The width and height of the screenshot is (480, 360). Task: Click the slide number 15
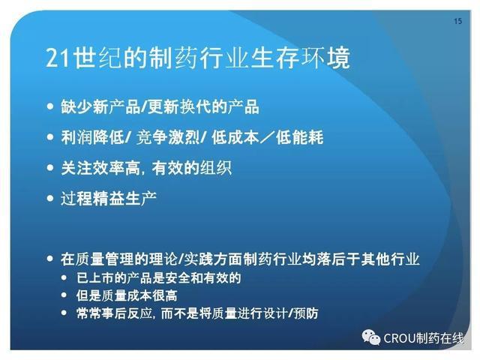[x=457, y=21]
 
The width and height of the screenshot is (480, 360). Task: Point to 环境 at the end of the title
[x=325, y=58]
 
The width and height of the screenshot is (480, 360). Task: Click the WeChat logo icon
[x=371, y=337]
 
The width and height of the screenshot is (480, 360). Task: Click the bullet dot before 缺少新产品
[x=50, y=106]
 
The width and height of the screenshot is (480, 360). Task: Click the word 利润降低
[x=92, y=137]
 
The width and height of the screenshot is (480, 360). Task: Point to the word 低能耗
[x=299, y=137]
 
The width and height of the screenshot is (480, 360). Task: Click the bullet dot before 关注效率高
[x=50, y=167]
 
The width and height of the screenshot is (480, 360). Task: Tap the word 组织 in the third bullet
[x=216, y=168]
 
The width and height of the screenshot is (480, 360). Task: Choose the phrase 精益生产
[x=124, y=198]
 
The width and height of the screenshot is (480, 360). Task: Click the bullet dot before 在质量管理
[x=50, y=259]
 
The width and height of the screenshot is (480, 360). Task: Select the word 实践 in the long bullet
[x=198, y=259]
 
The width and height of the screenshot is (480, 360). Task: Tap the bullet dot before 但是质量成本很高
[x=64, y=295]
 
